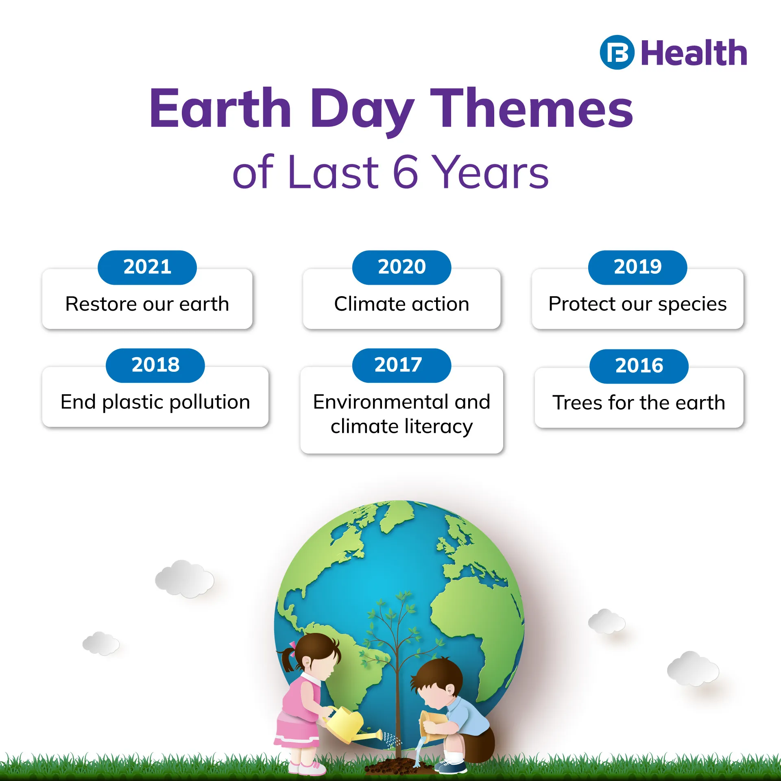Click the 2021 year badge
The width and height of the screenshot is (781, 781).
pos(147,267)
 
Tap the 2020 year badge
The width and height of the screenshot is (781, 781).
pos(401,267)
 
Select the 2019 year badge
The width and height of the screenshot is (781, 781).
pos(637,267)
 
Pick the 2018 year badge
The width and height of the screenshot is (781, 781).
pos(155,365)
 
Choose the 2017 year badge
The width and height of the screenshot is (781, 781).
pos(401,365)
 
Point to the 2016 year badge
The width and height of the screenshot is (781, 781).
pos(639,366)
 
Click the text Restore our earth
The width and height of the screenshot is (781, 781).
pos(147,304)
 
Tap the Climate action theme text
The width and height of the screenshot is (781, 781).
pos(401,304)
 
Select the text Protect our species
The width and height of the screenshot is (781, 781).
pos(637,305)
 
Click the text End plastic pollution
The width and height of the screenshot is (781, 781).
pos(155,403)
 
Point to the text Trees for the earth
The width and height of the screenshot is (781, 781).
pos(639,403)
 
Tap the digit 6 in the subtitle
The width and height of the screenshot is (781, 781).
pos(406,172)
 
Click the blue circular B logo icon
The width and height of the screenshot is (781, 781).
pos(617,52)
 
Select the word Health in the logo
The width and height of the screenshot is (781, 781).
pos(694,53)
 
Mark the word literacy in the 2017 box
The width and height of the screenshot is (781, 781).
pos(438,427)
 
